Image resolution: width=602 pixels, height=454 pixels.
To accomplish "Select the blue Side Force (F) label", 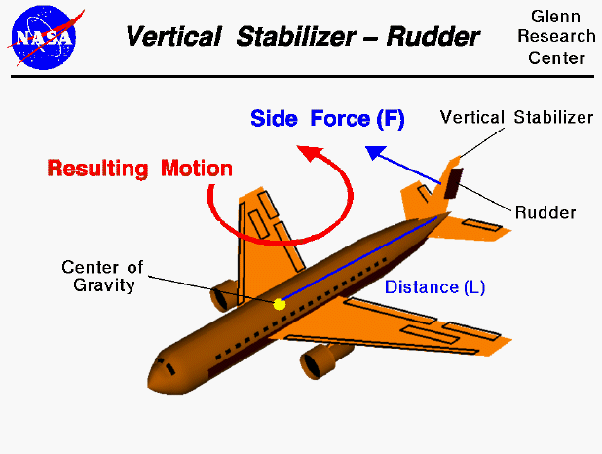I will [x=327, y=120].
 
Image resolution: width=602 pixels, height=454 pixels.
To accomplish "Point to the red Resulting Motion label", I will [x=140, y=169].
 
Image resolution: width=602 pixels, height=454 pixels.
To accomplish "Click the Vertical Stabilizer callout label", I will [x=516, y=117].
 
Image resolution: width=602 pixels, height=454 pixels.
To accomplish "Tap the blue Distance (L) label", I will [x=434, y=287].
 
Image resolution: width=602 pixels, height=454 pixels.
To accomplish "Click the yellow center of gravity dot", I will [x=280, y=304].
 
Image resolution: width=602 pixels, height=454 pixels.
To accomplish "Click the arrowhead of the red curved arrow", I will [x=310, y=152].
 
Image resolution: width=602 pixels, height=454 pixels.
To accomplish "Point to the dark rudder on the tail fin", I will [x=452, y=182].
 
